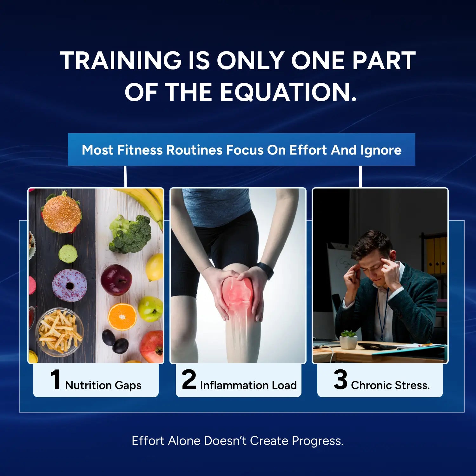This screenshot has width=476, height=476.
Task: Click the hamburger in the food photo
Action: tap(62, 212)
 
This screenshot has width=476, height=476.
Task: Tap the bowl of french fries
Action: tap(59, 331)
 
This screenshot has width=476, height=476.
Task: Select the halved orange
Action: tap(122, 317)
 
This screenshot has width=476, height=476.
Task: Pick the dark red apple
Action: tap(116, 280)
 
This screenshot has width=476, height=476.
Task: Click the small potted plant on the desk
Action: tap(348, 339)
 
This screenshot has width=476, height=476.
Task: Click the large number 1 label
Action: tap(56, 380)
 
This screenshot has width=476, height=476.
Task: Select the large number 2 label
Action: tap(189, 380)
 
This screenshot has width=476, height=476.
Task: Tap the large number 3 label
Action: tap(340, 380)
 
